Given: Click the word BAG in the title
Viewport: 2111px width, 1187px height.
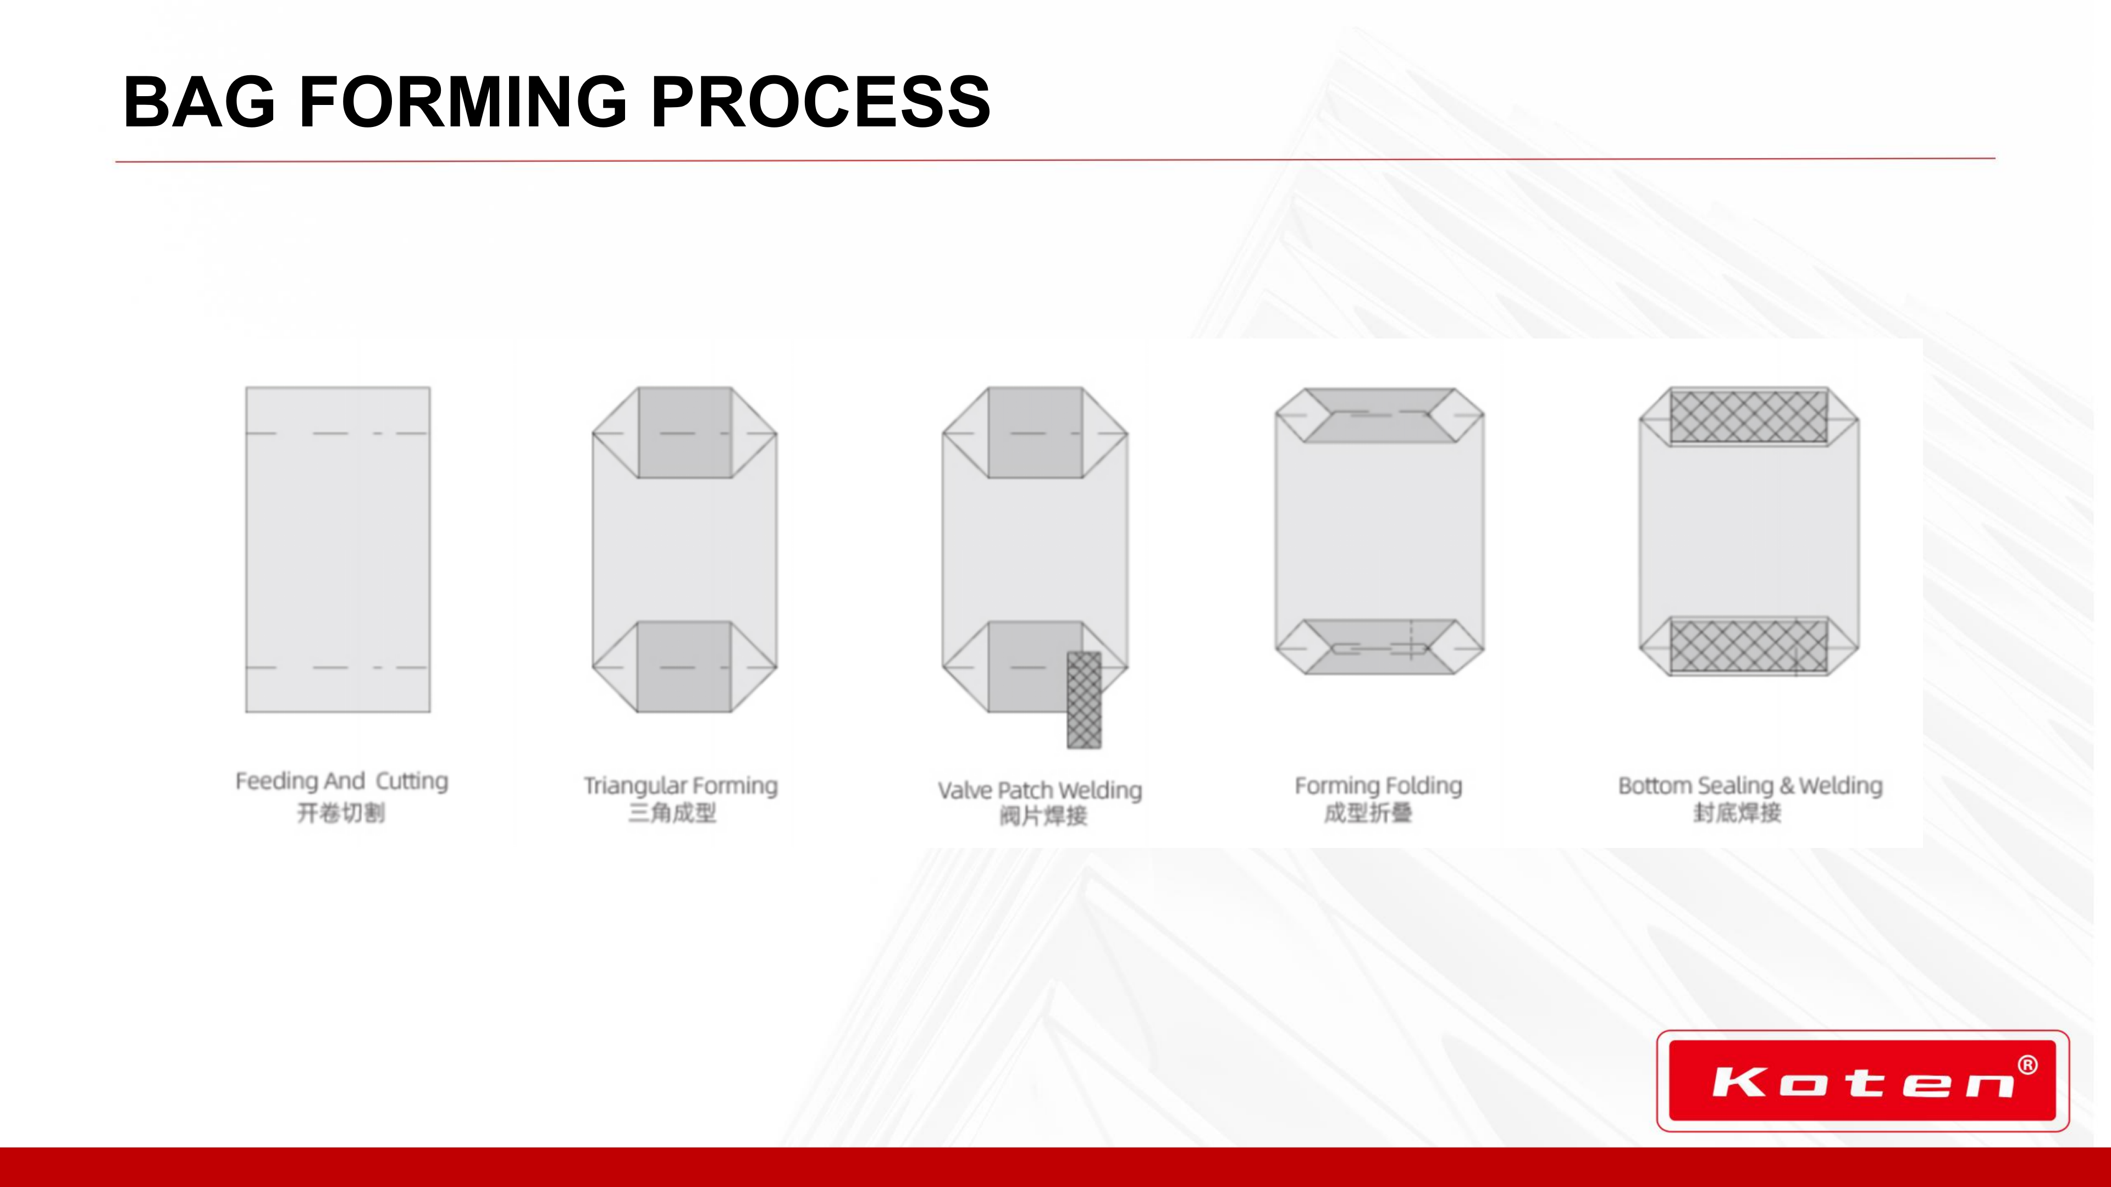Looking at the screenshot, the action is point(199,102).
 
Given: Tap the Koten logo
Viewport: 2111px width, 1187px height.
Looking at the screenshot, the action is point(1863,1080).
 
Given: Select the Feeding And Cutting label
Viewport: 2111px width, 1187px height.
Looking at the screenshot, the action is point(342,781).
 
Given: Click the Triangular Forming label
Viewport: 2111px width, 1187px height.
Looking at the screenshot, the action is point(680,786).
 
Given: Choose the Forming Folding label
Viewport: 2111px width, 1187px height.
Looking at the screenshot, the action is point(1378,786).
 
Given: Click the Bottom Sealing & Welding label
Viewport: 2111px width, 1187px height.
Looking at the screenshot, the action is point(1750,786).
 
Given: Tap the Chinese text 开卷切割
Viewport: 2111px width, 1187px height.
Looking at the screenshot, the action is point(341,813).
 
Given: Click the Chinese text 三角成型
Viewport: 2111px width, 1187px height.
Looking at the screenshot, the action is point(672,813).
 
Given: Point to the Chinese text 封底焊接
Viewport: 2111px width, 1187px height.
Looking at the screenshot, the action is point(1737,813).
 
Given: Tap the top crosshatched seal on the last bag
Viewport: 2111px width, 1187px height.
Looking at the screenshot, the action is point(1749,416).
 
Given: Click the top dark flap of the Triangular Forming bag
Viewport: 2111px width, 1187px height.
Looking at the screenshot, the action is point(684,432).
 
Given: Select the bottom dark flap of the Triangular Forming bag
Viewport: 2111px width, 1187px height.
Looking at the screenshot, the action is point(684,667).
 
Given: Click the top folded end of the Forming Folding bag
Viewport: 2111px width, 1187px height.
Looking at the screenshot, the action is point(1379,415).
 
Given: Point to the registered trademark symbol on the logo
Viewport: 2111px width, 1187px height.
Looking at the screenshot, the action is point(2027,1065).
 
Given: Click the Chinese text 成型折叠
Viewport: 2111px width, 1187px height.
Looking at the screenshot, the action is point(1368,813).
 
